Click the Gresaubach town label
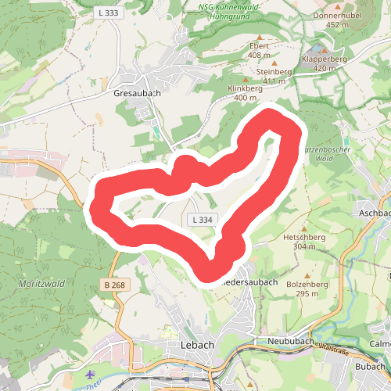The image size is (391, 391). tap(137, 92)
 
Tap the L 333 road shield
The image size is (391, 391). tap(108, 13)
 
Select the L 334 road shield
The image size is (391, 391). tap(203, 220)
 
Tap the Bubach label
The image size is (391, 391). tap(371, 366)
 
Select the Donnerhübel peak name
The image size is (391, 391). tap(336, 16)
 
